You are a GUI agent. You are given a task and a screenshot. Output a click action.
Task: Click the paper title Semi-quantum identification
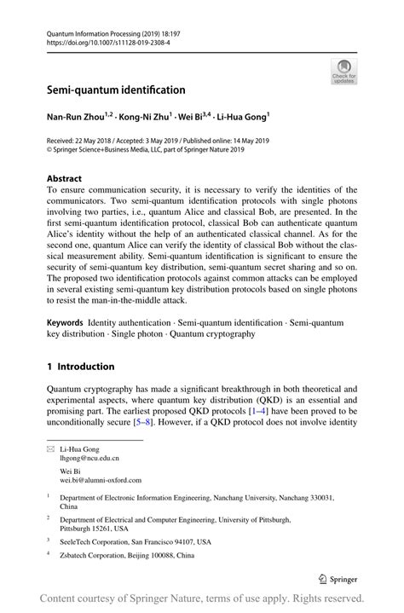coord(116,90)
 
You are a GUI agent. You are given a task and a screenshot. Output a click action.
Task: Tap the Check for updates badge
coord(344,72)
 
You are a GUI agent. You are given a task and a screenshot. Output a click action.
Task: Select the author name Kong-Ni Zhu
coord(144,116)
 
